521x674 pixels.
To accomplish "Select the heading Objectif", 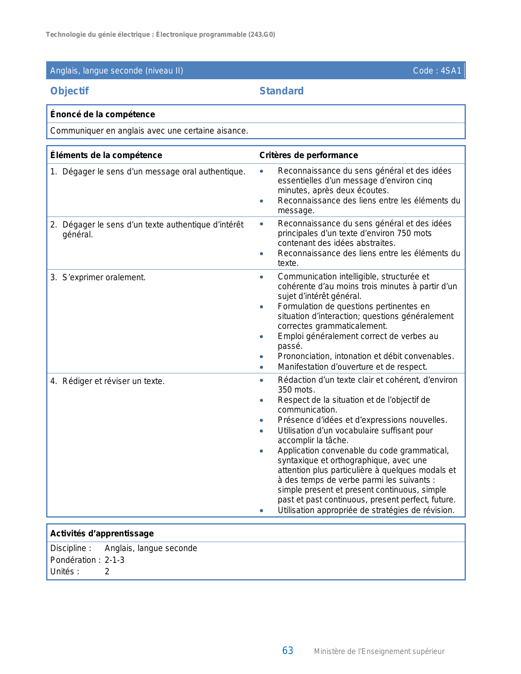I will pyautogui.click(x=69, y=91).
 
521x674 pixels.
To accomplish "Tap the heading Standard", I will pyautogui.click(x=282, y=91).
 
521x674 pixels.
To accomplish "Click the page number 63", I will pyautogui.click(x=288, y=651).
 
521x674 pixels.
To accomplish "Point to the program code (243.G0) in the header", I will pyautogui.click(x=262, y=35).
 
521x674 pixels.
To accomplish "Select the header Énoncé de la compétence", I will pyautogui.click(x=102, y=114).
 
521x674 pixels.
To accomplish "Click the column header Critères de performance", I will pyautogui.click(x=309, y=155).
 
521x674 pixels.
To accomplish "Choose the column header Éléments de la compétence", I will pyautogui.click(x=106, y=155).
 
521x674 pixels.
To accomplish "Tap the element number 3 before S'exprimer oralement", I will pyautogui.click(x=53, y=278).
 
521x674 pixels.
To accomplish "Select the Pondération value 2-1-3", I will pyautogui.click(x=114, y=560).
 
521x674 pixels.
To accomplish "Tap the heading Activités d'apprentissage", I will pyautogui.click(x=102, y=533).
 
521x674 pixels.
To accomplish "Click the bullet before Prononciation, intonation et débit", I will pyautogui.click(x=262, y=357).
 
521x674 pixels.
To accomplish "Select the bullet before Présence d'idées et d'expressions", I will pyautogui.click(x=262, y=420).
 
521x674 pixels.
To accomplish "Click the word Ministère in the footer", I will pyautogui.click(x=330, y=652).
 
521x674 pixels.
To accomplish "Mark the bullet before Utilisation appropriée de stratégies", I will pyautogui.click(x=262, y=511).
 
